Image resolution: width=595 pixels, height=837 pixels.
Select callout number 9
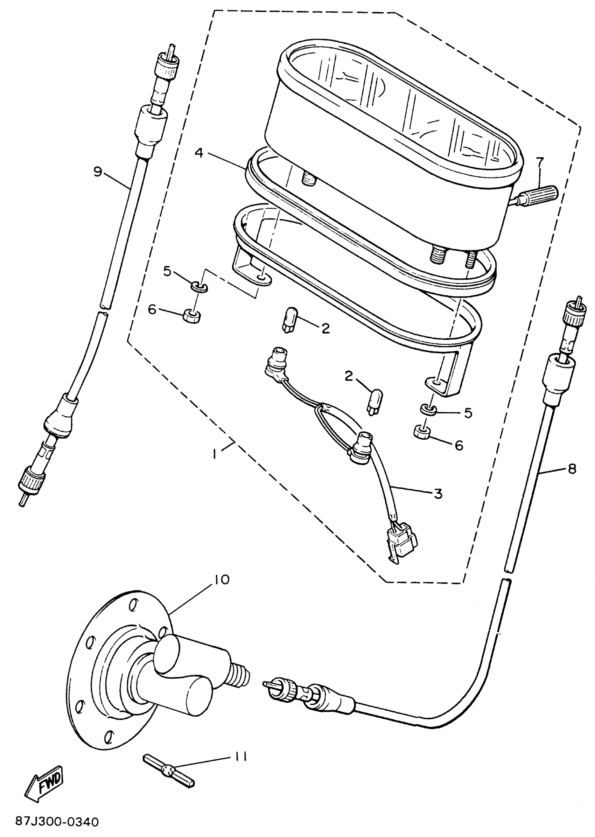pos(97,172)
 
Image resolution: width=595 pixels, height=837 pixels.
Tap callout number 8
pos(572,468)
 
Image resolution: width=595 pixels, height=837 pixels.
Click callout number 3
pos(438,494)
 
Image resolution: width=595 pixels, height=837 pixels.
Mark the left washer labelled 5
pos(201,287)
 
